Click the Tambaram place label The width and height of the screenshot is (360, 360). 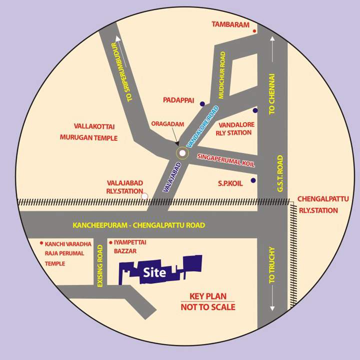click(230, 24)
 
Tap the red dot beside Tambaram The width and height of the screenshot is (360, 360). click(254, 31)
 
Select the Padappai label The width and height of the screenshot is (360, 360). click(178, 100)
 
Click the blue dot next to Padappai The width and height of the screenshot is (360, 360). click(202, 104)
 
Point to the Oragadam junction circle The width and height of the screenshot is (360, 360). click(182, 153)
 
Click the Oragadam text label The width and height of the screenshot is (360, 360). click(168, 124)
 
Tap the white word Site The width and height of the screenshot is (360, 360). click(154, 273)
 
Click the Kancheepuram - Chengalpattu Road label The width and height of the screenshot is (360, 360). click(138, 225)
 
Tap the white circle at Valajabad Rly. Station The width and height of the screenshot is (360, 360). click(144, 196)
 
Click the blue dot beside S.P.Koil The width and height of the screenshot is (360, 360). click(253, 180)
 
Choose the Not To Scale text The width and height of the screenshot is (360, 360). click(207, 307)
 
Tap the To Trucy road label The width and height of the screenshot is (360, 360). click(272, 265)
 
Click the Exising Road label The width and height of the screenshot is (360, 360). click(100, 265)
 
